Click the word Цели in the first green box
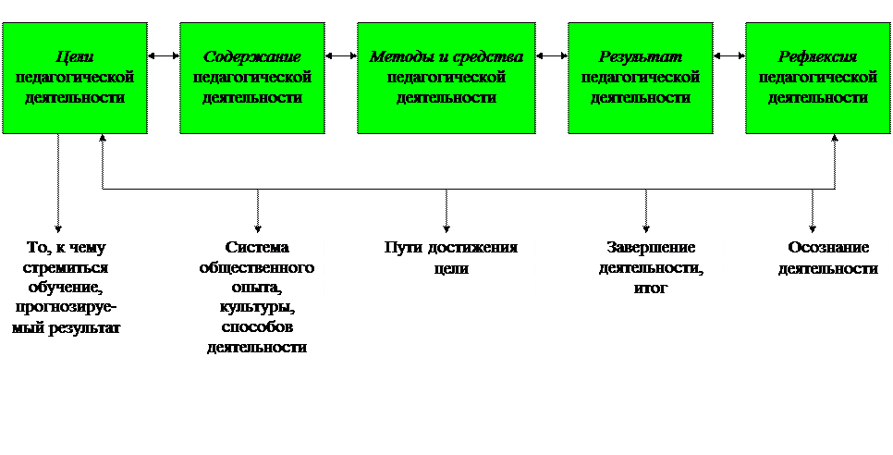[x=75, y=57]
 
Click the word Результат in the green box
[x=640, y=57]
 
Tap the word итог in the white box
[x=651, y=289]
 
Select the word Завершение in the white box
[x=651, y=248]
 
